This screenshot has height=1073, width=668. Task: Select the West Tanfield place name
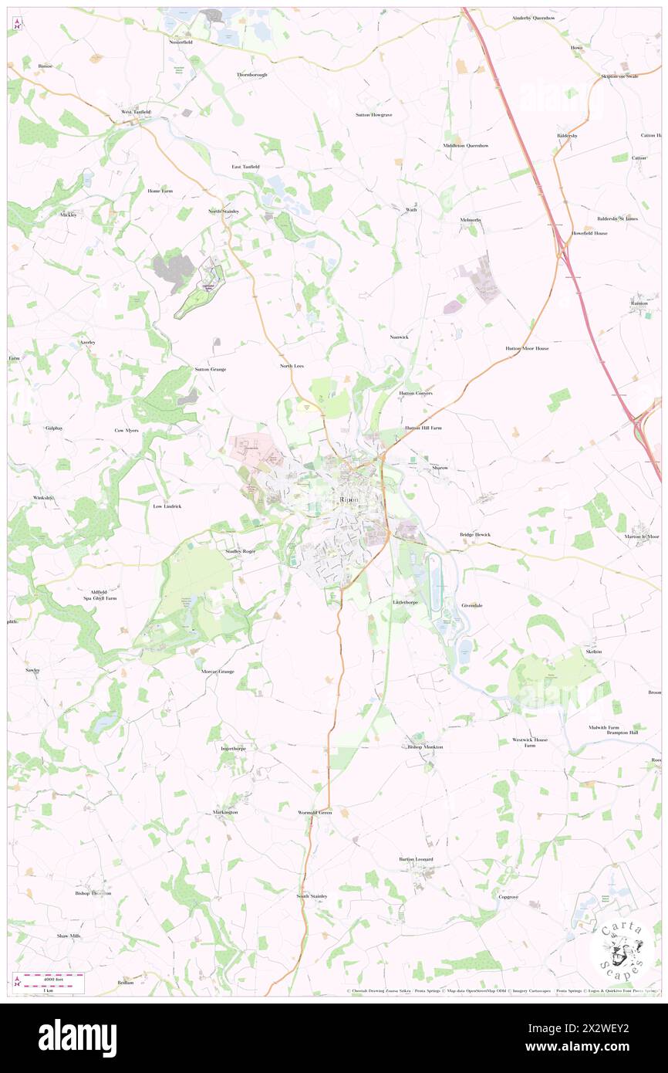[x=136, y=112]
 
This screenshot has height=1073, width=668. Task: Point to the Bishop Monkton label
[x=425, y=747]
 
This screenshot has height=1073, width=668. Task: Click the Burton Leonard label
[x=416, y=859]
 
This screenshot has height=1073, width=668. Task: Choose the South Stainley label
[x=312, y=896]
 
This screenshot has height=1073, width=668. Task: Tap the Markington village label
[x=225, y=813]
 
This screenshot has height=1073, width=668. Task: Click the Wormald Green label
[x=315, y=813]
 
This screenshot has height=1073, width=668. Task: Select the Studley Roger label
[x=239, y=551]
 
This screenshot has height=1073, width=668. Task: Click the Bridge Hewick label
[x=475, y=534]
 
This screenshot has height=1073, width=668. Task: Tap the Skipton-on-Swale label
[x=619, y=76]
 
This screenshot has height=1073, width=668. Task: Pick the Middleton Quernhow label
[x=466, y=145]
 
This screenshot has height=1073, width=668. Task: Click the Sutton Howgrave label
[x=373, y=114]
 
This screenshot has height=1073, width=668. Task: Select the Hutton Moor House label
[x=527, y=348]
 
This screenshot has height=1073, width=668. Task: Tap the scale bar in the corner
[x=49, y=978]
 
